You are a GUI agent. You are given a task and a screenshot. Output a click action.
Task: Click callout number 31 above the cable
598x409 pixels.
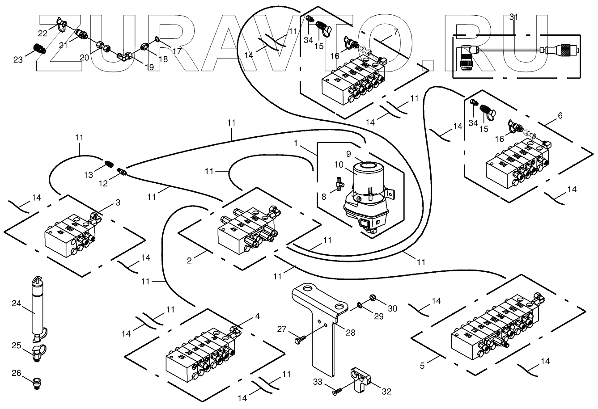pyautogui.click(x=514, y=17)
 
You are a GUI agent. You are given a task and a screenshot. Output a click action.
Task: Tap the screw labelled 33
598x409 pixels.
pyautogui.click(x=336, y=391)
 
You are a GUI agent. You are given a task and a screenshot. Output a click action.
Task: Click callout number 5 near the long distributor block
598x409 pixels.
pyautogui.click(x=422, y=365)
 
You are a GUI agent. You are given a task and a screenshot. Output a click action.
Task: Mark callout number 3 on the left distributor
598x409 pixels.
pyautogui.click(x=117, y=202)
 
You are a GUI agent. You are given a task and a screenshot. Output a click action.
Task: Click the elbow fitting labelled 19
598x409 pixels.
pyautogui.click(x=124, y=55)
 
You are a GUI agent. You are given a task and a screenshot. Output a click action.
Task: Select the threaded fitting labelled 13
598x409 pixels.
pyautogui.click(x=109, y=164)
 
